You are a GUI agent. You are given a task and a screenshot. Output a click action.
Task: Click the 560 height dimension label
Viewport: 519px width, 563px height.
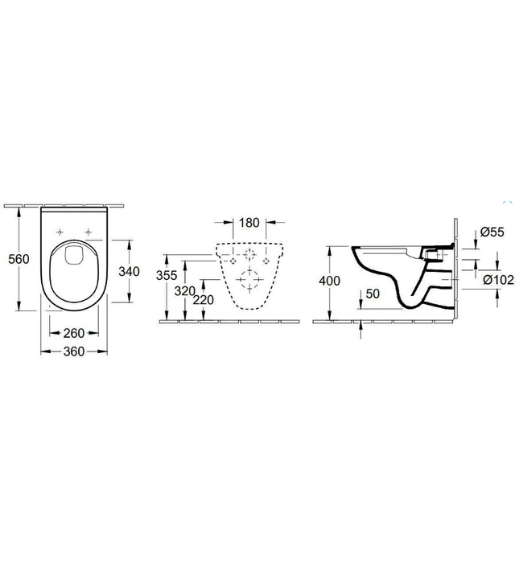point(18,259)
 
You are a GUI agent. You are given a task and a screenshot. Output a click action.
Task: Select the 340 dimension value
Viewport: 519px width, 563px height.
point(130,271)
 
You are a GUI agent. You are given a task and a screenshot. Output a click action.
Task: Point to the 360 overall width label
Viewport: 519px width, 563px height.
point(75,351)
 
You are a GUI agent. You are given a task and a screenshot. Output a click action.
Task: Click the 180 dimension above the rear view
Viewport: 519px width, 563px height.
point(249,223)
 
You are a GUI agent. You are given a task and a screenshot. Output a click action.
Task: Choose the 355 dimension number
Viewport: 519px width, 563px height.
point(166,274)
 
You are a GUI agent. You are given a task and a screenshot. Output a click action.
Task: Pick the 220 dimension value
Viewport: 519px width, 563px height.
point(205,299)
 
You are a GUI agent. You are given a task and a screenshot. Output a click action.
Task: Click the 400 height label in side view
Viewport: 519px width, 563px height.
point(330,281)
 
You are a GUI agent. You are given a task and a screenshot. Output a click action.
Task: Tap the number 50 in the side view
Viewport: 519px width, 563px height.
point(372,294)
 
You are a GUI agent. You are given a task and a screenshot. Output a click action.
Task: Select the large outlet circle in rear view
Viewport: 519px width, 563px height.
point(250,281)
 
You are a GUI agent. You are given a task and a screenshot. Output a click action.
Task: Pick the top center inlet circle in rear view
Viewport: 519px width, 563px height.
point(250,256)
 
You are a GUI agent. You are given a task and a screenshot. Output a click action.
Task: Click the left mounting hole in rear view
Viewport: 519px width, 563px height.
point(233,262)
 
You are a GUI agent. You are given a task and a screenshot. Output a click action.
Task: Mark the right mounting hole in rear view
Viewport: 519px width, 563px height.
point(267,262)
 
